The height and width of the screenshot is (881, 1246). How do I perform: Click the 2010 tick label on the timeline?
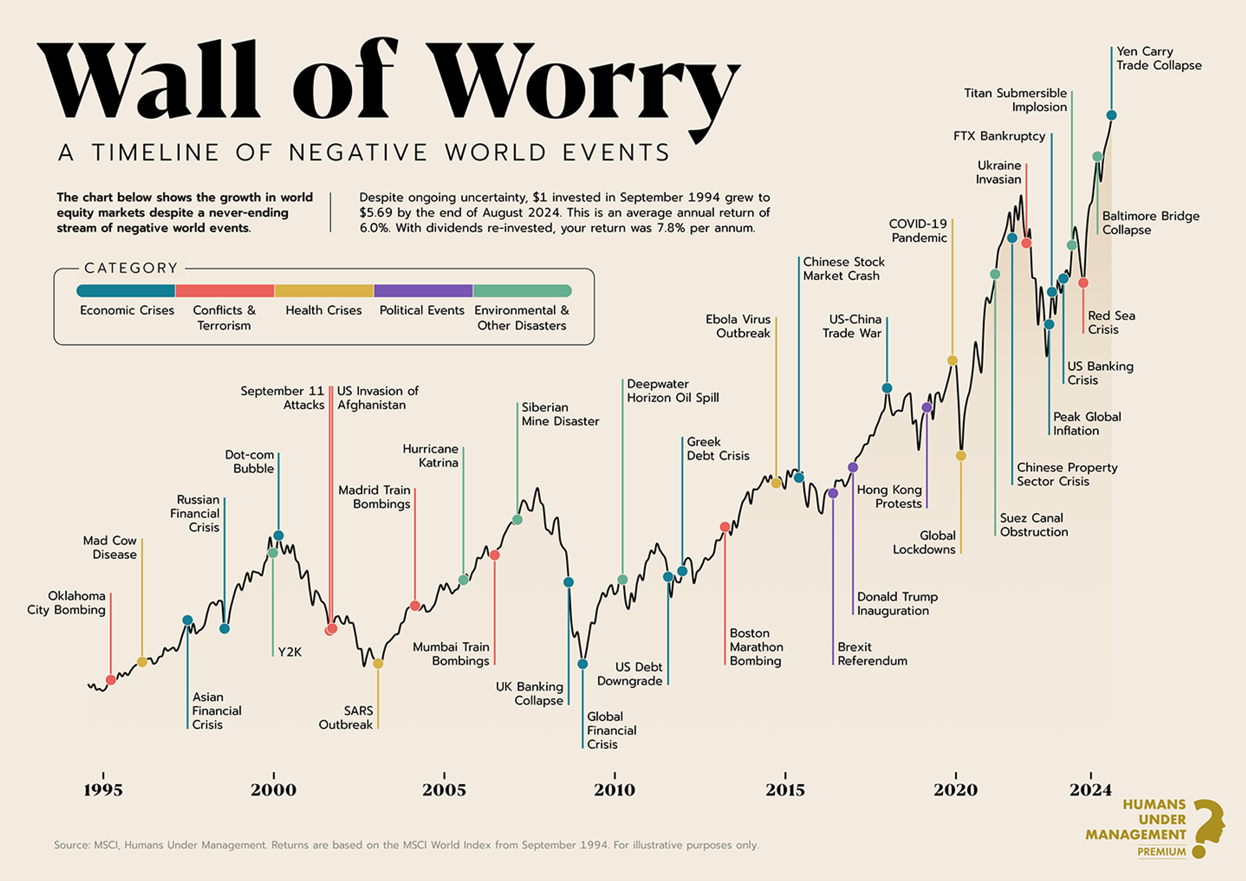tap(614, 790)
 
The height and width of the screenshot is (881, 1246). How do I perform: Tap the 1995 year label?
tap(103, 790)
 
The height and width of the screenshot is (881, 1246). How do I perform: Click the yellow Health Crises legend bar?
tap(324, 291)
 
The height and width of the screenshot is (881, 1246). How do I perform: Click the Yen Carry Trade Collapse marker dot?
tap(1111, 115)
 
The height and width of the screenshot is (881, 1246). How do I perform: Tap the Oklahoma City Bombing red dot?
tap(111, 680)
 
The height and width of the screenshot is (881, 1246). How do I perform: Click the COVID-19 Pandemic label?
tap(918, 231)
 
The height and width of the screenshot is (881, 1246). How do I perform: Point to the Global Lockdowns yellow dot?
tap(960, 456)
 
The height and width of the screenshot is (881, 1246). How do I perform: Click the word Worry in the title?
tap(583, 81)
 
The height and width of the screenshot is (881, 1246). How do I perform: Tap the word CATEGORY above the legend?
tap(131, 268)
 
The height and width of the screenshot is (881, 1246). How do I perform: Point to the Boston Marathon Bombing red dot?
tap(725, 527)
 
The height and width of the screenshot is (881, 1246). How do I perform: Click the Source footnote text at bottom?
tap(406, 845)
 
